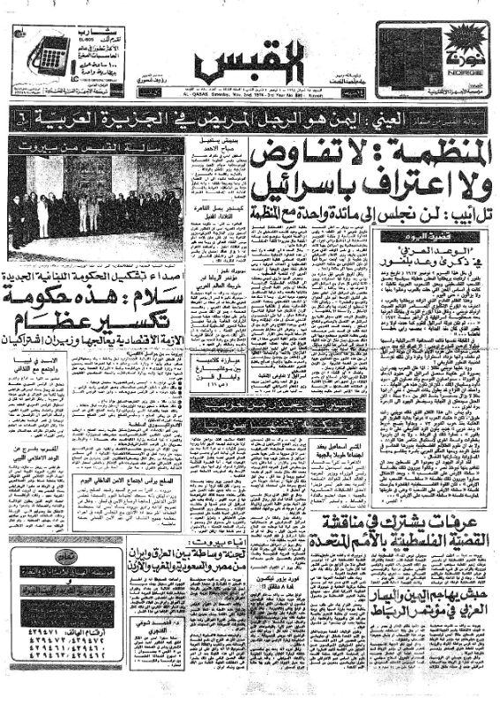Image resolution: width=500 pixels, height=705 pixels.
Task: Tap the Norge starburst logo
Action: tap(464, 43)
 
